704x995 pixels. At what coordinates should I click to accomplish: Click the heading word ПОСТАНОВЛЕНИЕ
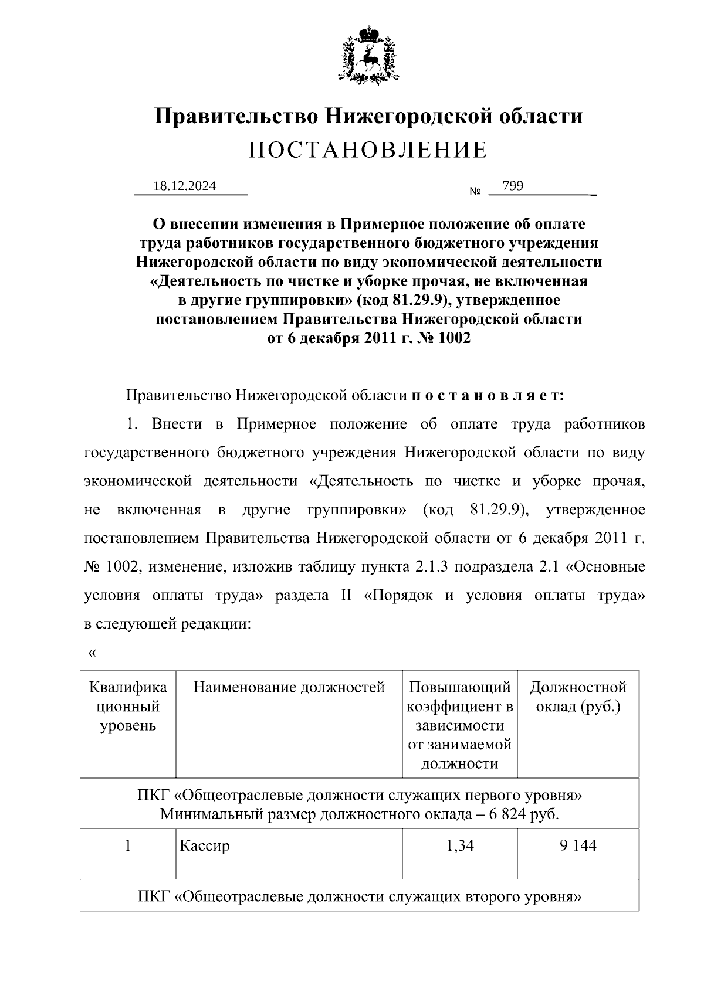click(x=368, y=151)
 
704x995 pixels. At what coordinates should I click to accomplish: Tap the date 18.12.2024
click(x=184, y=186)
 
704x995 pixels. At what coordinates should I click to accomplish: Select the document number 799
click(x=513, y=186)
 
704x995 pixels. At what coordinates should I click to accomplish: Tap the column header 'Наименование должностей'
click(x=289, y=687)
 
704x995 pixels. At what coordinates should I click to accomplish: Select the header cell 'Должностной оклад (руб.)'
click(x=578, y=697)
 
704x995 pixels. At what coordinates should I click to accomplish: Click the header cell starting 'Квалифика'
click(x=128, y=706)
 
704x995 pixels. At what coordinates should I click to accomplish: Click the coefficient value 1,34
click(x=459, y=845)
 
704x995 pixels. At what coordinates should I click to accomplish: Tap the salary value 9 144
click(x=577, y=845)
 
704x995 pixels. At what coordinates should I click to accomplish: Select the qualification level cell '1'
click(x=127, y=845)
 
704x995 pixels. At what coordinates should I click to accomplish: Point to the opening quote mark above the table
click(x=91, y=653)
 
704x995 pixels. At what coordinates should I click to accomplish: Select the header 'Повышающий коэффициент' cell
click(x=459, y=725)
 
